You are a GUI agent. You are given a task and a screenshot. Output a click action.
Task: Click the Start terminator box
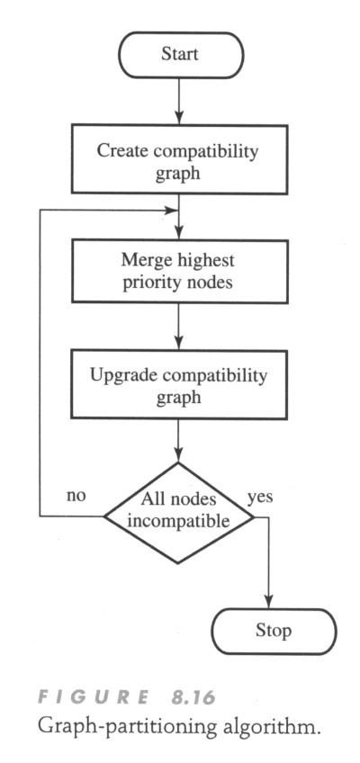pos(181,55)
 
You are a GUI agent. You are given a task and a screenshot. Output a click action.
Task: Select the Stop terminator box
pos(274,631)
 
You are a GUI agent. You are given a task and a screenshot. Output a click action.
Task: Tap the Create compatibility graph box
pos(179,159)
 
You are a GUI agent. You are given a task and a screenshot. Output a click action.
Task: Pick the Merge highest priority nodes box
pos(179,271)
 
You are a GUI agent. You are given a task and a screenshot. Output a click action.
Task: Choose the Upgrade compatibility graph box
pos(179,384)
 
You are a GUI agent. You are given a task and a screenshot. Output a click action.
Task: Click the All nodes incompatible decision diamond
pos(178,514)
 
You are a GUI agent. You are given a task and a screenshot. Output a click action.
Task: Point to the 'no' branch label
pos(76,496)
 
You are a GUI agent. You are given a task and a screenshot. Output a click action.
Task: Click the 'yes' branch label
pos(260,498)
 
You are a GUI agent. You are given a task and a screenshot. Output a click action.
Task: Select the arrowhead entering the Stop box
pos(268,601)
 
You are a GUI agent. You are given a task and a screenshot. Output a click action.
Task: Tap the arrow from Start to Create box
pos(179,101)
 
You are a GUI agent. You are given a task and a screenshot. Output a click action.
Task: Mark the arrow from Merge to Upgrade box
pos(179,327)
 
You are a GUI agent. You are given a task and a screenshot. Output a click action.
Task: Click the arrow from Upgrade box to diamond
pos(178,441)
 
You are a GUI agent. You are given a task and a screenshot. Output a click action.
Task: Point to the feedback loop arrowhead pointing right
pos(172,211)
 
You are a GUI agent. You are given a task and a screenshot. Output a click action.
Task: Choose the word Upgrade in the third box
pos(114,376)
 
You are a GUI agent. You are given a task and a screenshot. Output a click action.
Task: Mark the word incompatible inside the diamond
pos(178,521)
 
